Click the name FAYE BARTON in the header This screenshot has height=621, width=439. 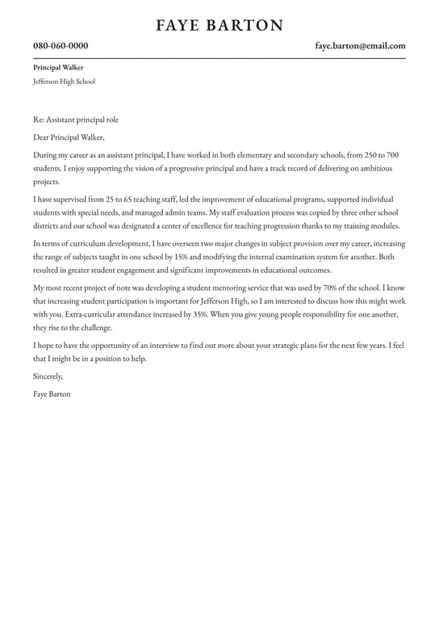(219, 26)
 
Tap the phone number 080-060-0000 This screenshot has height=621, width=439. (61, 46)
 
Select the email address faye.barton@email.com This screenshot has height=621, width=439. (360, 46)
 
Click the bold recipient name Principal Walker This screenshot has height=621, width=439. (58, 68)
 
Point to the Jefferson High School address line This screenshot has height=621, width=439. (64, 82)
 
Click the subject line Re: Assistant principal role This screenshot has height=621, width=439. (76, 120)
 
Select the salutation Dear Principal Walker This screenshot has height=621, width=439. (69, 137)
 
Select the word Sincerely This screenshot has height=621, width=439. (48, 376)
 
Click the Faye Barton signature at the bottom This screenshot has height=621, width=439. (52, 394)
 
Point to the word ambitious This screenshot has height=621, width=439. (377, 168)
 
